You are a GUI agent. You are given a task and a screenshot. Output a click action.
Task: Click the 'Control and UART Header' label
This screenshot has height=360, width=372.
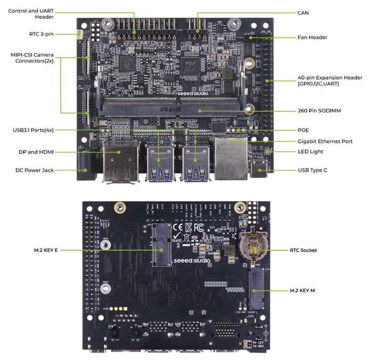(31, 13)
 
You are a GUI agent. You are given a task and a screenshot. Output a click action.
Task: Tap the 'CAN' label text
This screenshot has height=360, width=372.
(303, 13)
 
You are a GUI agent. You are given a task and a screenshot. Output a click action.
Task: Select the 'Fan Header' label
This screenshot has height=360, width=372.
(312, 37)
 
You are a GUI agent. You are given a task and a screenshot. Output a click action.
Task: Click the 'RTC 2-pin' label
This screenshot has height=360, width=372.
(41, 34)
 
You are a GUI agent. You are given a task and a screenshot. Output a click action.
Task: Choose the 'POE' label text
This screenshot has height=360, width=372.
(303, 130)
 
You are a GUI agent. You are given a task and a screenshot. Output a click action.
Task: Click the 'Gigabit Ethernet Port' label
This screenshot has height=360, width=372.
(325, 141)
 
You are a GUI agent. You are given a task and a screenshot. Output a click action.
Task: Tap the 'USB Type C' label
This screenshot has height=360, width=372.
(312, 171)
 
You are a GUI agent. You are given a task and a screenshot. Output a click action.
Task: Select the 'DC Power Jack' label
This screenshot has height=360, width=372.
(34, 170)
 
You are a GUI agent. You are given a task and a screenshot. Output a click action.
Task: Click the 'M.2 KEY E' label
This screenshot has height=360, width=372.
(46, 250)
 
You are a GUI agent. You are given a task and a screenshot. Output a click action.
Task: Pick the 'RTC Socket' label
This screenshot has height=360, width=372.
(303, 250)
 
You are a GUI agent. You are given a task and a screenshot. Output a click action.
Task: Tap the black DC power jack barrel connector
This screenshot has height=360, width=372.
(86, 166)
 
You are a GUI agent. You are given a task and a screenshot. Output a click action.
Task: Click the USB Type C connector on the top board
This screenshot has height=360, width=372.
(258, 170)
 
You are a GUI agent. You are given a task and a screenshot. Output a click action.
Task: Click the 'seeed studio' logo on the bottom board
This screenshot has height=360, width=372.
(192, 260)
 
